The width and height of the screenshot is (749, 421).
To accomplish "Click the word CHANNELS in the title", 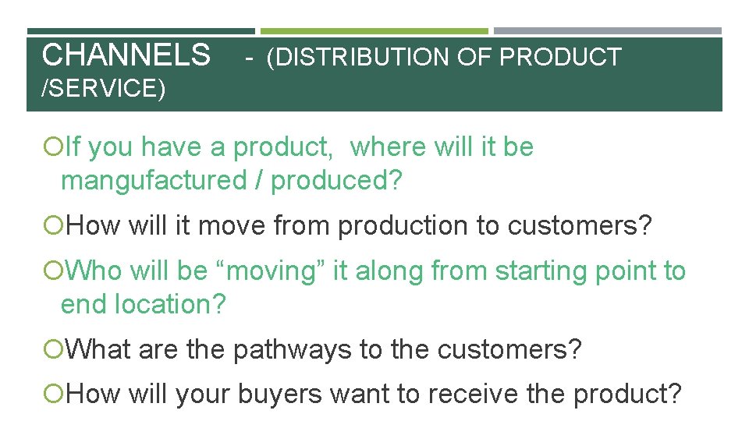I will (126, 56).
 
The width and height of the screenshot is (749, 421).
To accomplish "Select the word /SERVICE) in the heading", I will (103, 89).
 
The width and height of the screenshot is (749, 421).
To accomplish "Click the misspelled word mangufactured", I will (153, 181).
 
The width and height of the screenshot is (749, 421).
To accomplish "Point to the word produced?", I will (336, 181).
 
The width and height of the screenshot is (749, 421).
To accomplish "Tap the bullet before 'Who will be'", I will (52, 271).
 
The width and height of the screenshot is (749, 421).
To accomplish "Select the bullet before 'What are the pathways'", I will (52, 350).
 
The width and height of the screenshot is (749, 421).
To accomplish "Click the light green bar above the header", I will (374, 31).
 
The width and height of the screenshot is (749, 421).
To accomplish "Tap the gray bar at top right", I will (608, 31).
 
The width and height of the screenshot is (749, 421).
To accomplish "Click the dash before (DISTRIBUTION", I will (247, 58).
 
